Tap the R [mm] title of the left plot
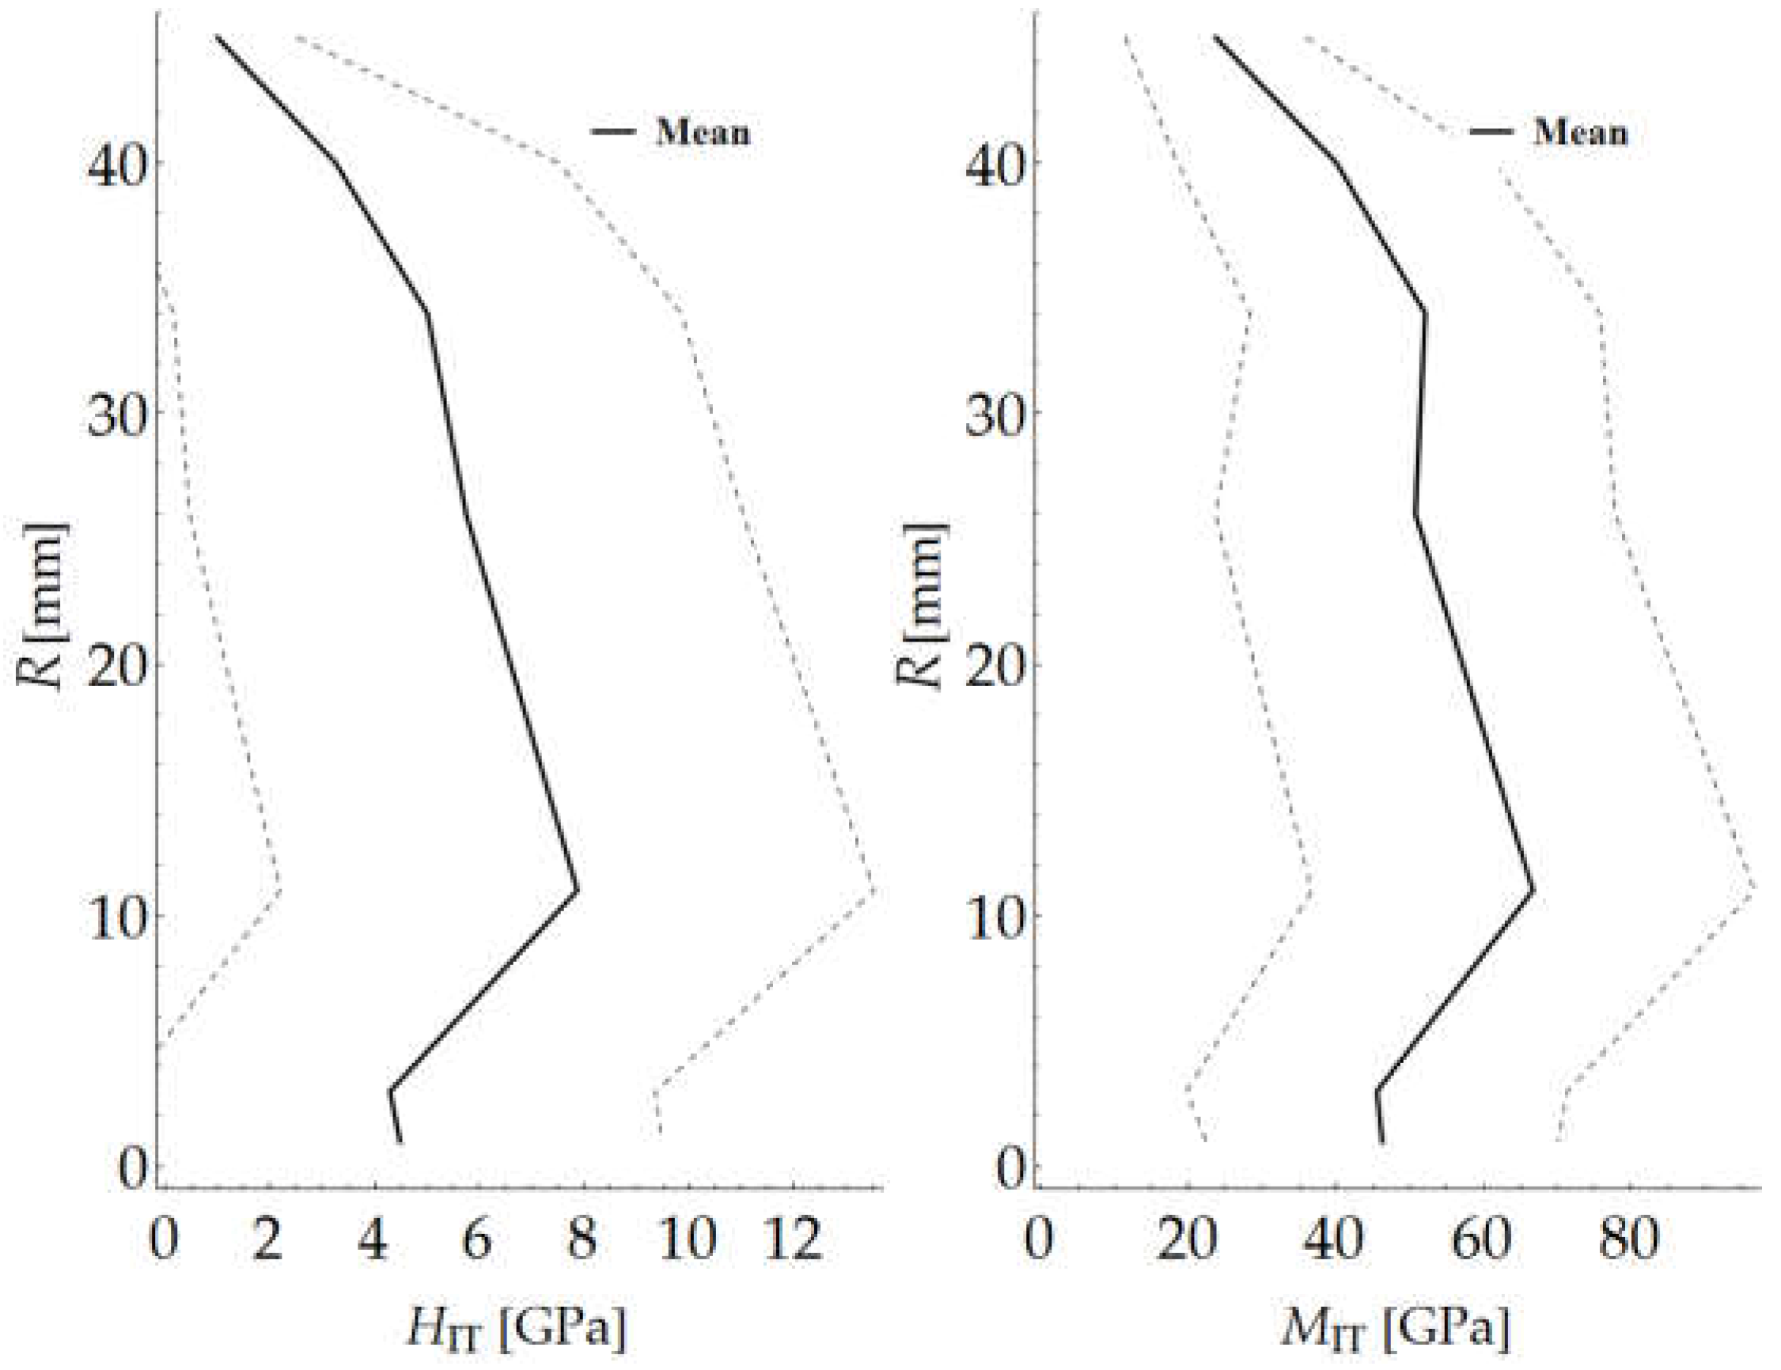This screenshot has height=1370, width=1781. [43, 607]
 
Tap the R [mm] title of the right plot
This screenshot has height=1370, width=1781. [922, 607]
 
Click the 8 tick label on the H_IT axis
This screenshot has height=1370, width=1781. [582, 1240]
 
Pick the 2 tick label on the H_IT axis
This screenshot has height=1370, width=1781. [267, 1240]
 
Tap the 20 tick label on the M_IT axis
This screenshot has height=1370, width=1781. [1188, 1240]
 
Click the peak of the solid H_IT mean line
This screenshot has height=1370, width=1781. [578, 889]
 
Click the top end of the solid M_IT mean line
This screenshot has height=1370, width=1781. [1214, 36]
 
